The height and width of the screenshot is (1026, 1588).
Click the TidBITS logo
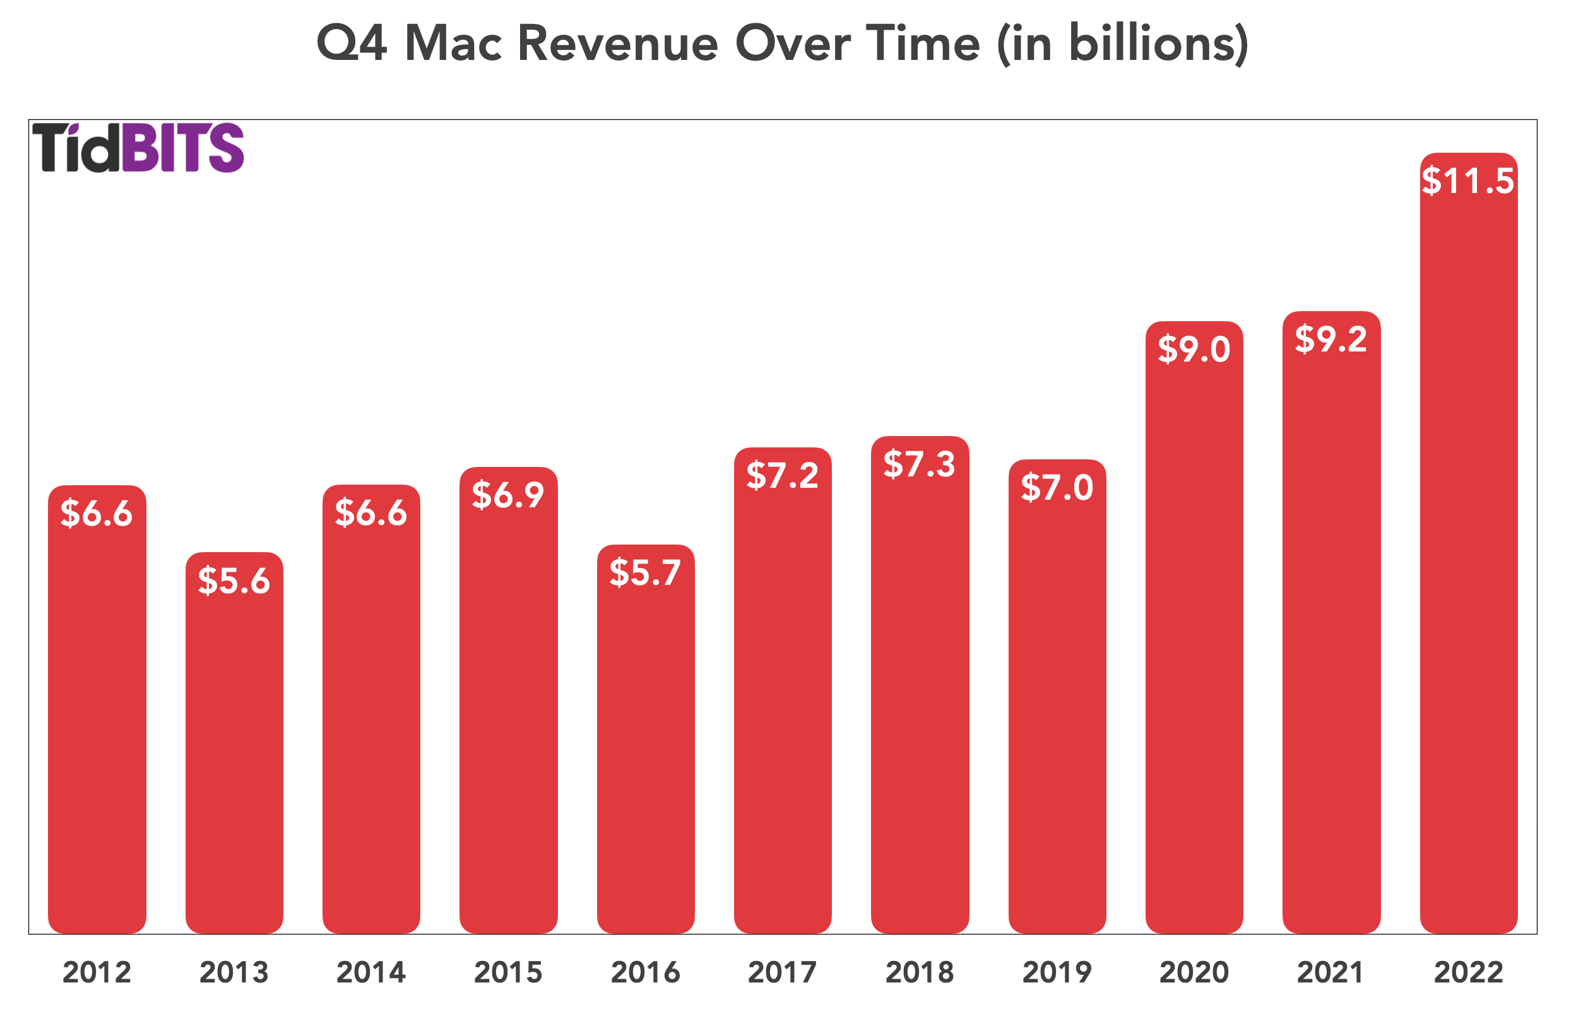tap(138, 147)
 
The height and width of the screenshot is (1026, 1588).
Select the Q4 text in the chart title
tap(351, 44)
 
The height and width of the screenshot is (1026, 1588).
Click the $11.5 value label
tap(1467, 181)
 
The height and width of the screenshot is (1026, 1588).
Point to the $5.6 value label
tap(234, 581)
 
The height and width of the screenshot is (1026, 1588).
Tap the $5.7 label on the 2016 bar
tap(645, 573)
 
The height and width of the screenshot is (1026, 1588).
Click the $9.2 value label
tap(1330, 339)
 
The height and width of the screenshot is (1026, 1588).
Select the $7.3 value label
tap(919, 464)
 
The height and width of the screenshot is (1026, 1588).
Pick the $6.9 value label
tap(508, 495)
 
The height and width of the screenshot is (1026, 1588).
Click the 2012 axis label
tap(97, 973)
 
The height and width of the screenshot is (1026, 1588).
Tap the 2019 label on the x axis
tap(1057, 973)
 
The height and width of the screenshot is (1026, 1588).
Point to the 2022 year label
tap(1468, 973)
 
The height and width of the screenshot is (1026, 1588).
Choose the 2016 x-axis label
tap(645, 973)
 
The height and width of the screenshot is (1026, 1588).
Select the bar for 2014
tap(371, 733)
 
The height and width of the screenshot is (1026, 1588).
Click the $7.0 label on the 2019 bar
tap(1057, 488)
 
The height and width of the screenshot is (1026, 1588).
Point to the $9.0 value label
tap(1194, 350)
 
